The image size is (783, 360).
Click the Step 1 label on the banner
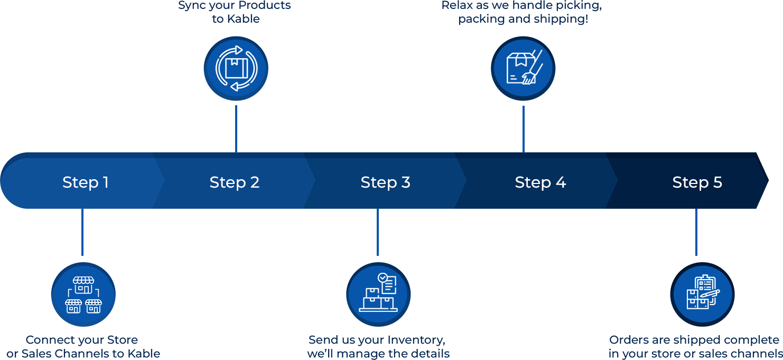pyautogui.click(x=85, y=182)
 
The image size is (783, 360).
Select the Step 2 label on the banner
pyautogui.click(x=235, y=182)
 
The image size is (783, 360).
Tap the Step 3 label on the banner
pyautogui.click(x=385, y=182)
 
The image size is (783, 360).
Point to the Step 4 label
pyautogui.click(x=540, y=182)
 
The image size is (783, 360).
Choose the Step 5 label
pyautogui.click(x=697, y=182)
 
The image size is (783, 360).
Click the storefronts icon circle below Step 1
pyautogui.click(x=83, y=294)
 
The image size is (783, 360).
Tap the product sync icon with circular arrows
pyautogui.click(x=236, y=69)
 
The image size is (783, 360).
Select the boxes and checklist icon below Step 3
pyautogui.click(x=378, y=294)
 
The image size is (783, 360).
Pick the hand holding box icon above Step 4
pyautogui.click(x=523, y=69)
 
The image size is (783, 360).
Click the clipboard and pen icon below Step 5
pyautogui.click(x=702, y=294)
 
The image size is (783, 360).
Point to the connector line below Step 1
pyautogui.click(x=82, y=233)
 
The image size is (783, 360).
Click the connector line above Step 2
pyautogui.click(x=236, y=128)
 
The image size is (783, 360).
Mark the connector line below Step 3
pyautogui.click(x=377, y=233)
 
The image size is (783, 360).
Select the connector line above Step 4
pyautogui.click(x=523, y=128)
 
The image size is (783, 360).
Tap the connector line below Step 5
pyautogui.click(x=696, y=233)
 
